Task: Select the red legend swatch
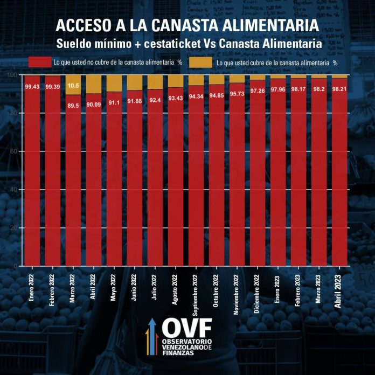pos(40,63)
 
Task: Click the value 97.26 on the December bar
pos(258,91)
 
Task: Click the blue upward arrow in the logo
pos(152,334)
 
